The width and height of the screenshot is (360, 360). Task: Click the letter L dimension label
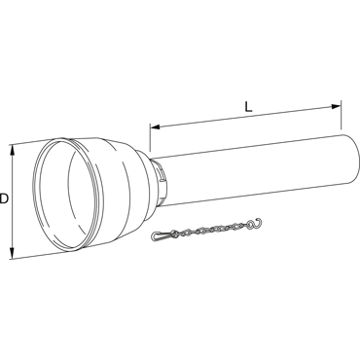click(x=248, y=107)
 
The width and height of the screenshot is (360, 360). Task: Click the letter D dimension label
click(x=4, y=198)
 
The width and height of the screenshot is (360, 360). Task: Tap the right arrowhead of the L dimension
click(x=336, y=106)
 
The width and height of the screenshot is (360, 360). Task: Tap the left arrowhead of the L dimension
click(x=155, y=126)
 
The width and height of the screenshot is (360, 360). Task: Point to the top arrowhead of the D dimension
click(x=13, y=150)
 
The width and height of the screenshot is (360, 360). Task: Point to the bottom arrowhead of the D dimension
click(x=13, y=253)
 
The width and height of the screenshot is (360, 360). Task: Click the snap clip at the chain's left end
click(x=162, y=235)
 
